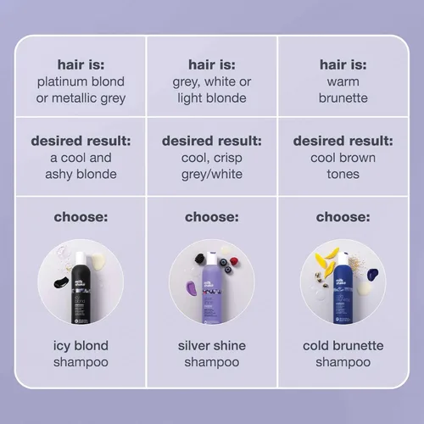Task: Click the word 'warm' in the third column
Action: pyautogui.click(x=343, y=81)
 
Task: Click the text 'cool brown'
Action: pyautogui.click(x=343, y=158)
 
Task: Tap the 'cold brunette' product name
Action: pyautogui.click(x=343, y=346)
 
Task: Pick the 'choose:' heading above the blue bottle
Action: pyautogui.click(x=343, y=217)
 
